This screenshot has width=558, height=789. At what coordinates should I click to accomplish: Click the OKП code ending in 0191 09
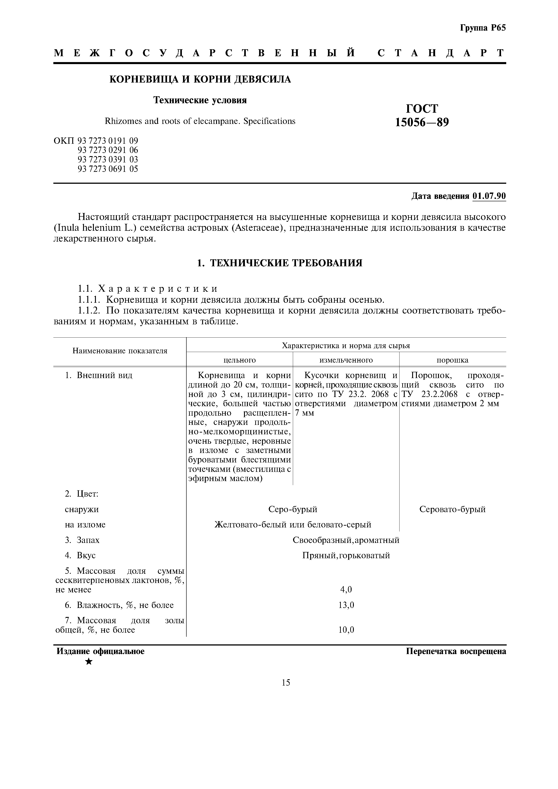[108, 141]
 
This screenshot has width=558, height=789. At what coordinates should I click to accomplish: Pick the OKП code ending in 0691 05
[108, 169]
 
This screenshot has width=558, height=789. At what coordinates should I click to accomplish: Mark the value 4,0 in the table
[346, 590]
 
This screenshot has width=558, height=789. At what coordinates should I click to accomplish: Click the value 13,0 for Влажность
[346, 605]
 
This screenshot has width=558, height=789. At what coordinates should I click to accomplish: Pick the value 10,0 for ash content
[346, 630]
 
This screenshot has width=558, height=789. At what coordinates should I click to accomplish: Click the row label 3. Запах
[83, 540]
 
